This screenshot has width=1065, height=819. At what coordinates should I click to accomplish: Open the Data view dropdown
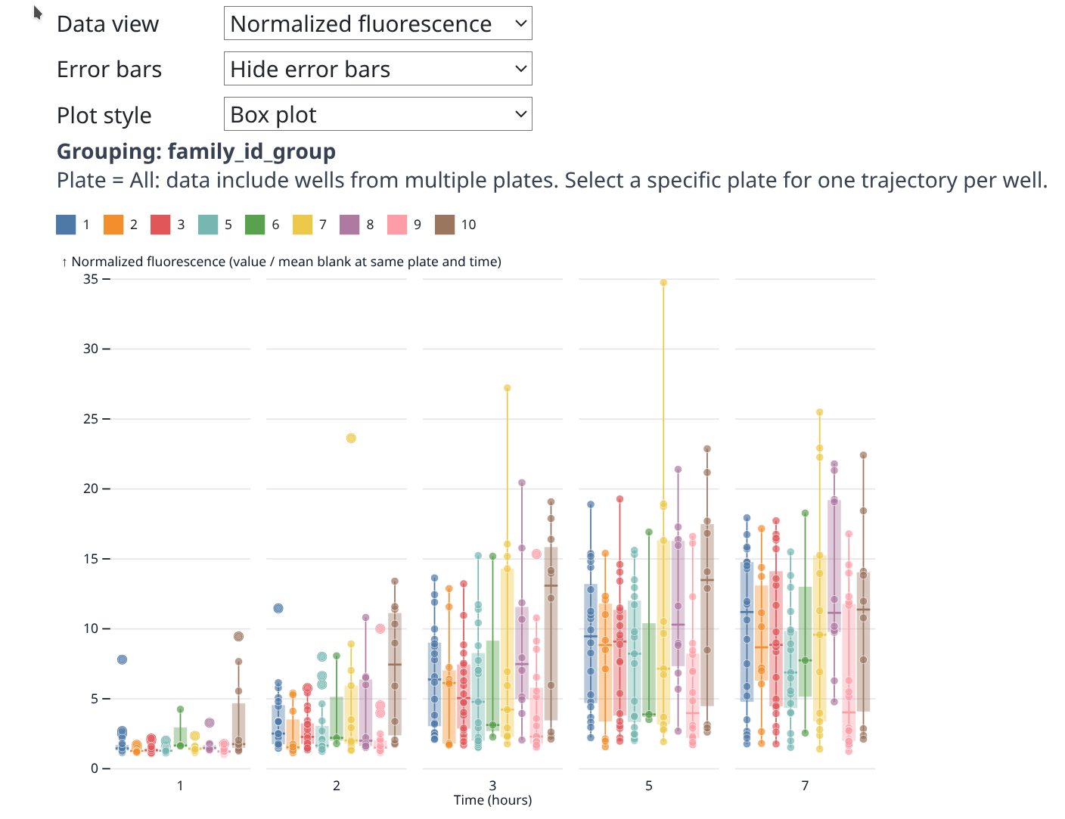tap(377, 23)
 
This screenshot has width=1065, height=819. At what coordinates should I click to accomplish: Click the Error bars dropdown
tap(377, 69)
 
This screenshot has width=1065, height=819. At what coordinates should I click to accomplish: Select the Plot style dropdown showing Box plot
tap(377, 114)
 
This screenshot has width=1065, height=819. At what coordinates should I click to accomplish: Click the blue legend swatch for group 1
tap(66, 225)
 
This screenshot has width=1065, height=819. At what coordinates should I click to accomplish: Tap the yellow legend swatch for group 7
tap(303, 225)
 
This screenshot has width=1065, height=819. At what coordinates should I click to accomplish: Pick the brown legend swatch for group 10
tap(445, 225)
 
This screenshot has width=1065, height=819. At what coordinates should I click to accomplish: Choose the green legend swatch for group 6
tap(255, 225)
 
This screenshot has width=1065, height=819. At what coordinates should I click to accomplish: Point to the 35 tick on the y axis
tap(91, 279)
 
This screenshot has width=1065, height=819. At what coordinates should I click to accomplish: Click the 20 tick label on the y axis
tap(91, 489)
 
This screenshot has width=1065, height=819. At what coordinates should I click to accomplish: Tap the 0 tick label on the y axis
tap(95, 768)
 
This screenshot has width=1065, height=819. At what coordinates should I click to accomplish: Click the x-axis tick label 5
tap(649, 786)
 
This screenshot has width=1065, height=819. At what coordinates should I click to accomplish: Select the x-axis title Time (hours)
tap(492, 800)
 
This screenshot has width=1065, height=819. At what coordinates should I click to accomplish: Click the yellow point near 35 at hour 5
tap(663, 283)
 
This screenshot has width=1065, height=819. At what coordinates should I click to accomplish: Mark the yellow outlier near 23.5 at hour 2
tap(351, 438)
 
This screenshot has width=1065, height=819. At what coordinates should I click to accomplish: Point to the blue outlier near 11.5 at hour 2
tap(278, 608)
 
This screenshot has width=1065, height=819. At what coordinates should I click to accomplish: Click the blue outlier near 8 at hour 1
tap(123, 659)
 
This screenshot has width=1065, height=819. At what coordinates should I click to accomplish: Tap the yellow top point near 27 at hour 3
tap(508, 388)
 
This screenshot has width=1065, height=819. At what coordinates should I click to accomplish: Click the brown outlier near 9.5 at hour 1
tap(238, 636)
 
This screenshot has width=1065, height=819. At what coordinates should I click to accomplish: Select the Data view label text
tap(107, 24)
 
